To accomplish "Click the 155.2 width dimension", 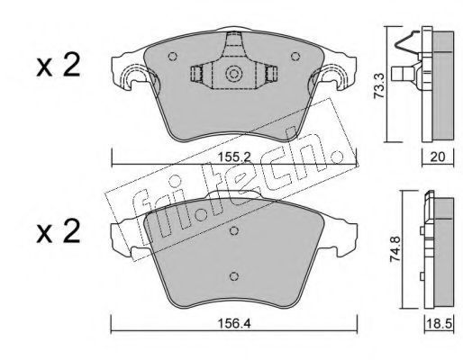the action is [x=234, y=157].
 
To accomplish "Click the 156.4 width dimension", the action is [x=234, y=323].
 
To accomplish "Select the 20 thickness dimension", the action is [x=438, y=157].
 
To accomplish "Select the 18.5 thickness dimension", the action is [x=440, y=324].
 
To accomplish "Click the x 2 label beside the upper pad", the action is [x=59, y=66].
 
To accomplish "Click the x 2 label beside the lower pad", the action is [x=59, y=231].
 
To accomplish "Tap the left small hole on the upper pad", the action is [x=172, y=56].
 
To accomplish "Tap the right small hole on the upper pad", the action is [x=295, y=56].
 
